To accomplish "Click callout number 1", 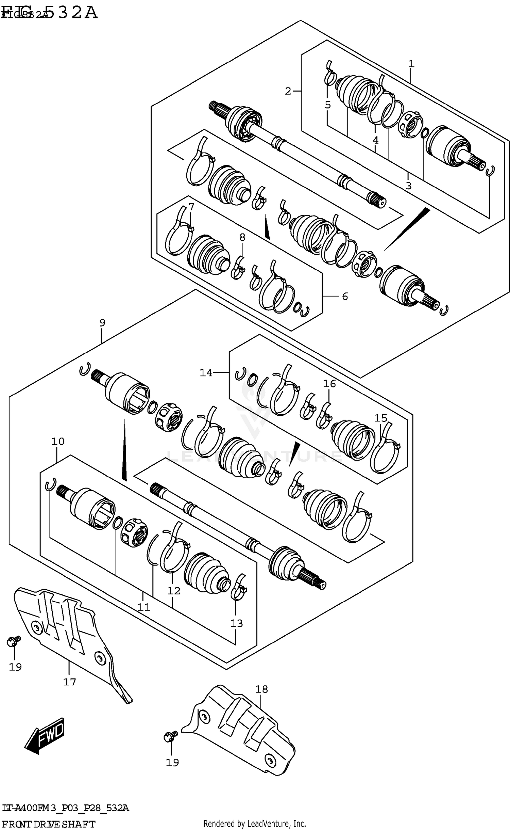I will (411, 64).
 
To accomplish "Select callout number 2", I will (288, 91).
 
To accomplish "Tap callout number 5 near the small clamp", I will (327, 105).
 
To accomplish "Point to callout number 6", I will (345, 297).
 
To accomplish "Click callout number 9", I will (102, 322).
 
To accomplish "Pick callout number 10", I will (58, 442).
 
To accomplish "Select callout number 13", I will (237, 623).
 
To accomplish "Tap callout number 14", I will (206, 373).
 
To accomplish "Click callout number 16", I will (329, 384).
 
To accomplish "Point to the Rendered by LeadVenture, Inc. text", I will (255, 821).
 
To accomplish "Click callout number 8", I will (242, 237).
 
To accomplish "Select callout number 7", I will (191, 207).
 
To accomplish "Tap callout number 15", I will (381, 418).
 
